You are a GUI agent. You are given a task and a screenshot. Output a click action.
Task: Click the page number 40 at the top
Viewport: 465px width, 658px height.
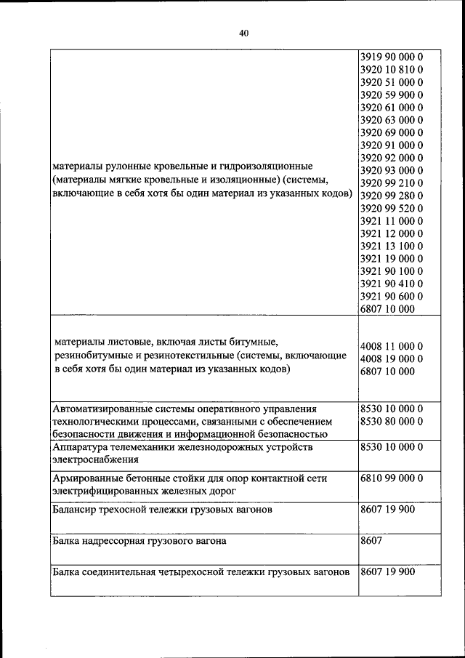pos(243,33)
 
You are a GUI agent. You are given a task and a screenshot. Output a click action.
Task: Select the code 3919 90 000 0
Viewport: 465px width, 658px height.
pos(391,57)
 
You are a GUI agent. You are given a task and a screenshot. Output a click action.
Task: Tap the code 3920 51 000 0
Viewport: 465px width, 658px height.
pos(391,82)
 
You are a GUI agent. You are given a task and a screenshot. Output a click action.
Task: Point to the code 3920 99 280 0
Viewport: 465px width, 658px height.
pos(391,196)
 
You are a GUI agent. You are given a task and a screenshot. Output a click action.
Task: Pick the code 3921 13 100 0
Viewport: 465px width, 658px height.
pos(391,246)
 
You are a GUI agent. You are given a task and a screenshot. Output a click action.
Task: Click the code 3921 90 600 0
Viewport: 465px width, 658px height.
pos(391,296)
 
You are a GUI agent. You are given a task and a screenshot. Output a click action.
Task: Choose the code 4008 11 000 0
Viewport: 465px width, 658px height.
pos(391,346)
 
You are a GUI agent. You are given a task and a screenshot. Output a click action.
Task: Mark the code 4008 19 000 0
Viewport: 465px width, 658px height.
pos(391,358)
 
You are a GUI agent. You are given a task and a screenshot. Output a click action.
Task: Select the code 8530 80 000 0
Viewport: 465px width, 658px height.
pos(391,421)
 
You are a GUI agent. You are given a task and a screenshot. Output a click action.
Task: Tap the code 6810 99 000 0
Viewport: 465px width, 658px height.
pos(391,478)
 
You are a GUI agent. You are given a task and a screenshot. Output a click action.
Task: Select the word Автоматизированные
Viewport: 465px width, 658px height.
pos(101,409)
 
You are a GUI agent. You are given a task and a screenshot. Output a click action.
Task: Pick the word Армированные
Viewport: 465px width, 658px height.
pos(84,478)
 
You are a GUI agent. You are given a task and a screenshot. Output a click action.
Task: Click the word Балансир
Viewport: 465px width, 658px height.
pos(76,510)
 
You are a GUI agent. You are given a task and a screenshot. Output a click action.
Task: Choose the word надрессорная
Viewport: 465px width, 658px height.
pos(115,541)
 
